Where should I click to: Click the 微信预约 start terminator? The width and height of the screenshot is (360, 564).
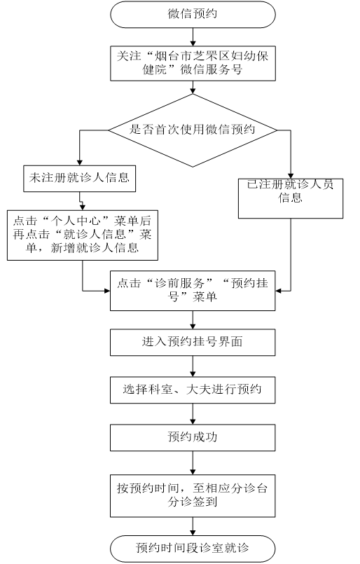193,14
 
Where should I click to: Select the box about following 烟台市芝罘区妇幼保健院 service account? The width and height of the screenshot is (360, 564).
193,63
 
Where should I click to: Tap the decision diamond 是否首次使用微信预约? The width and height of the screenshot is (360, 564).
193,130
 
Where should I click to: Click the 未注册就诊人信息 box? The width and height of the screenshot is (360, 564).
79,179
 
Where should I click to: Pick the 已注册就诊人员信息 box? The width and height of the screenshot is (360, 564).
291,198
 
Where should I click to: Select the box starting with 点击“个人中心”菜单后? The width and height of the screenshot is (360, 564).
83,235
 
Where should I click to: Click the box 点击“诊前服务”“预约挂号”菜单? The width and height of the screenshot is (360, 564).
193,291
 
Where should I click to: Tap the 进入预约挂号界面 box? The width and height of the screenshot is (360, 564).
193,343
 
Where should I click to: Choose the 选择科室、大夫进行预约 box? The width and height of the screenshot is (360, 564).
193,390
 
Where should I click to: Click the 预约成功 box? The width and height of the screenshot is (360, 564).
193,438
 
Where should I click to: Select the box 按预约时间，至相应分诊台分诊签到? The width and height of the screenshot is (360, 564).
193,496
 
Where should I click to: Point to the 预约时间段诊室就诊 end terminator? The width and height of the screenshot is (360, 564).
193,549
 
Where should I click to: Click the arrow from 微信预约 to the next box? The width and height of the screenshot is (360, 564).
193,36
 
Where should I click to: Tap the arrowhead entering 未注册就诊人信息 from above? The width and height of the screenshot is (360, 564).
80,163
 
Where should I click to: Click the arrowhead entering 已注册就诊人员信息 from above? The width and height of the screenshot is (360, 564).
291,176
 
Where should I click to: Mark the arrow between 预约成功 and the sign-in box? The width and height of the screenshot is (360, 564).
193,463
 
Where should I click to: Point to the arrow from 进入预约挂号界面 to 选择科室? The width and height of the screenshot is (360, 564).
193,366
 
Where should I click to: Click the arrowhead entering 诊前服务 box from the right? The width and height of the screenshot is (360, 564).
279,291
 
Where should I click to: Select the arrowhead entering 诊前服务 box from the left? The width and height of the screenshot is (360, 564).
107,291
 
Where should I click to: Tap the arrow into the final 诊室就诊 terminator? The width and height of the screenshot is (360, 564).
193,526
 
